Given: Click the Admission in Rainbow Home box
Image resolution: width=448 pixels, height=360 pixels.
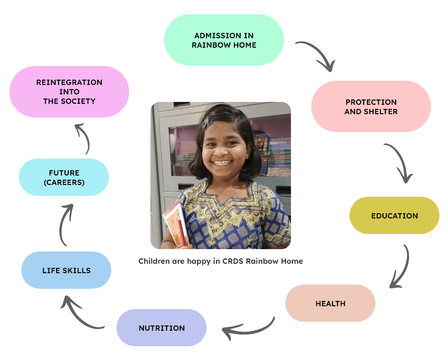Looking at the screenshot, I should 224,40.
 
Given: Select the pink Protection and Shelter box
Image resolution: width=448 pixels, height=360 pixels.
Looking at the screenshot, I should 371,107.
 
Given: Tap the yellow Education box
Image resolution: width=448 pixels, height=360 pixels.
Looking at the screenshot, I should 394,216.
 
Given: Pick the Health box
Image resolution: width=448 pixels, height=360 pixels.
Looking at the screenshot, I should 330,303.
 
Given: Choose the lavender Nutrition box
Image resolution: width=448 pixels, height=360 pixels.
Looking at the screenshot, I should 161,328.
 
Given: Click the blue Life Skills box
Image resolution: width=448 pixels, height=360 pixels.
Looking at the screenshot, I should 66,270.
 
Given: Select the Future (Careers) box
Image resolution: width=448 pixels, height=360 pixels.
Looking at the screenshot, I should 64,177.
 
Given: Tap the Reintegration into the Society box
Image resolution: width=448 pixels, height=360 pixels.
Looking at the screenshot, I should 69,92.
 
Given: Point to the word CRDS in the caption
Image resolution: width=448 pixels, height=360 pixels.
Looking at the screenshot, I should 239,261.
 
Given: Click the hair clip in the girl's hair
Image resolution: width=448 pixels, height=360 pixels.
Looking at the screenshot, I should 208,122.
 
